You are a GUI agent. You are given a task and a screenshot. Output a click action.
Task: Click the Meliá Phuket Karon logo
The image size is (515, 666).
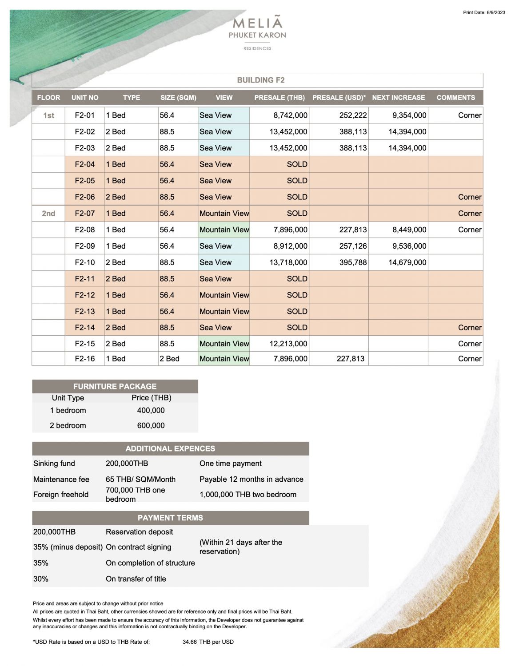pyautogui.click(x=257, y=32)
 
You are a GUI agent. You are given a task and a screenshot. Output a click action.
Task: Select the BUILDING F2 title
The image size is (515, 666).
pyautogui.click(x=261, y=80)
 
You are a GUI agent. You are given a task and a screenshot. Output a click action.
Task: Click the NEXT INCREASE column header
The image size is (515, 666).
pyautogui.click(x=398, y=98)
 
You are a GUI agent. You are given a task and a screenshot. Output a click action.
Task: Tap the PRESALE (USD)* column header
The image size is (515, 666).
pyautogui.click(x=339, y=98)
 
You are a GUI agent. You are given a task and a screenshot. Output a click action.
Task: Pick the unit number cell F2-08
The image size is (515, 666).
pyautogui.click(x=84, y=230)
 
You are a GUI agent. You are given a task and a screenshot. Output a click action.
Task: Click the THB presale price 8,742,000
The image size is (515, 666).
pyautogui.click(x=290, y=115)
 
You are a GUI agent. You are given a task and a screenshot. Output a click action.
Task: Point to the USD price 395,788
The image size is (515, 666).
pyautogui.click(x=353, y=262)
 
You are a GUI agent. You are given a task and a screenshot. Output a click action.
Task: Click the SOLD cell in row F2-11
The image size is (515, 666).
pyautogui.click(x=297, y=279)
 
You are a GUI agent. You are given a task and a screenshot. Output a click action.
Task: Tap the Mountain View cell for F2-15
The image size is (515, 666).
pyautogui.click(x=224, y=344)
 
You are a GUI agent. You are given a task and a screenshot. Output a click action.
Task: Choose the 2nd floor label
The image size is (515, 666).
pyautogui.click(x=48, y=214)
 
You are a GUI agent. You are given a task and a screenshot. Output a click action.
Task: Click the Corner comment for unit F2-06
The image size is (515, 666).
pyautogui.click(x=469, y=197)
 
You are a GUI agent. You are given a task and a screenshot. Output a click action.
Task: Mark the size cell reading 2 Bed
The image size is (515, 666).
pyautogui.click(x=169, y=359)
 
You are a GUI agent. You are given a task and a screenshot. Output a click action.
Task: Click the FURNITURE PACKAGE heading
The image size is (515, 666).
pyautogui.click(x=115, y=386)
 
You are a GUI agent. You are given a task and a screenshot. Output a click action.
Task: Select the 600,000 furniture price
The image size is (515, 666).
pyautogui.click(x=151, y=425)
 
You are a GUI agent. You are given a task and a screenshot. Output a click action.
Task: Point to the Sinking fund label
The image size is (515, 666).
pyautogui.click(x=54, y=464)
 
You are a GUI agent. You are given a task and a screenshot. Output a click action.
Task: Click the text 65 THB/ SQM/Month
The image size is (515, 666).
pyautogui.click(x=140, y=480)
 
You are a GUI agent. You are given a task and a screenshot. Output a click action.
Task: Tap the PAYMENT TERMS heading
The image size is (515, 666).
pyautogui.click(x=170, y=518)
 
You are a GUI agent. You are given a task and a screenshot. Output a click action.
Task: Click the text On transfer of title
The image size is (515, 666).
pyautogui.click(x=136, y=579)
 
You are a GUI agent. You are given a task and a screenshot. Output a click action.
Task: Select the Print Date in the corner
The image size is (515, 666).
pyautogui.click(x=484, y=12)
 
